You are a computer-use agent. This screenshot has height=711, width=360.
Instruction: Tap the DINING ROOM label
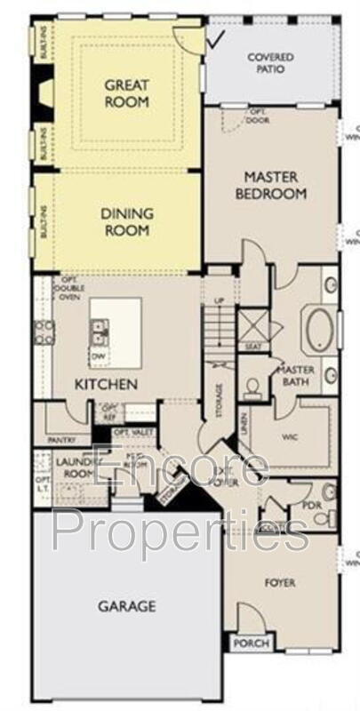click(127, 221)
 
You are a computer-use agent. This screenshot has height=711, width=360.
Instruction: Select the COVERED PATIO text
click(270, 62)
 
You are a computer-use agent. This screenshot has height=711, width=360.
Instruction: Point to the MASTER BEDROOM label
click(276, 185)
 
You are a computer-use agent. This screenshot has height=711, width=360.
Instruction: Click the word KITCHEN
click(106, 384)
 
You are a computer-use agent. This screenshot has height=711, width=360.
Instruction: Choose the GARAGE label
click(126, 606)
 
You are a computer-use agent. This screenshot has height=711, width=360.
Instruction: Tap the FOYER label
click(280, 582)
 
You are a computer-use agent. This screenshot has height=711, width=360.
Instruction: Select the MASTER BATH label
click(292, 376)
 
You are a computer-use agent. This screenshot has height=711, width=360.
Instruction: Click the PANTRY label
click(61, 439)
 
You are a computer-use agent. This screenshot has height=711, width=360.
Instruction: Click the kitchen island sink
click(99, 332)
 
